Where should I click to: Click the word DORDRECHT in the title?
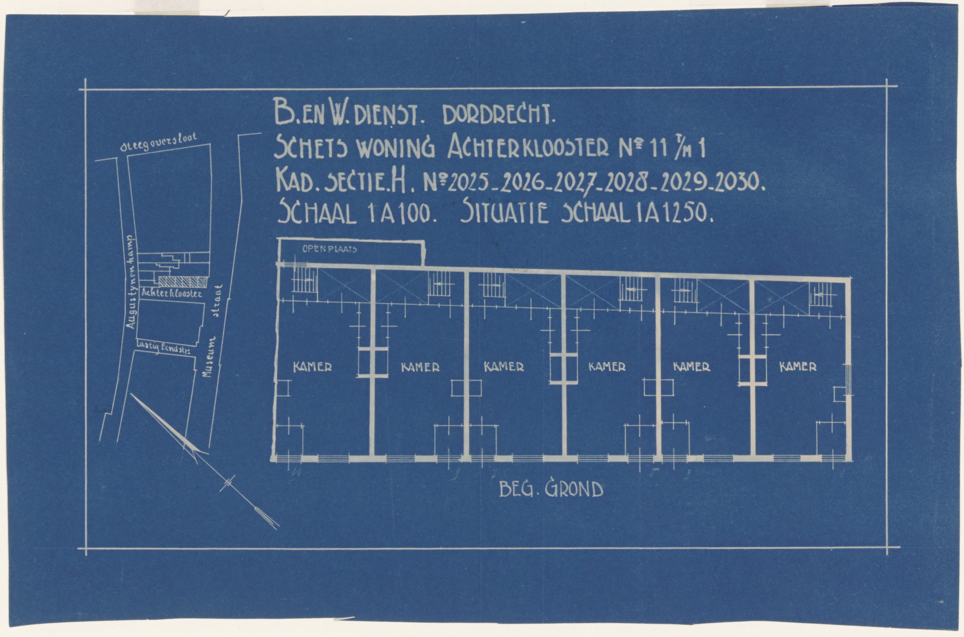(498, 117)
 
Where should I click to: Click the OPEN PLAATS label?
(329, 249)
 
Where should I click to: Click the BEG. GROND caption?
(551, 490)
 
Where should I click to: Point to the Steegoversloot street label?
(159, 143)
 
